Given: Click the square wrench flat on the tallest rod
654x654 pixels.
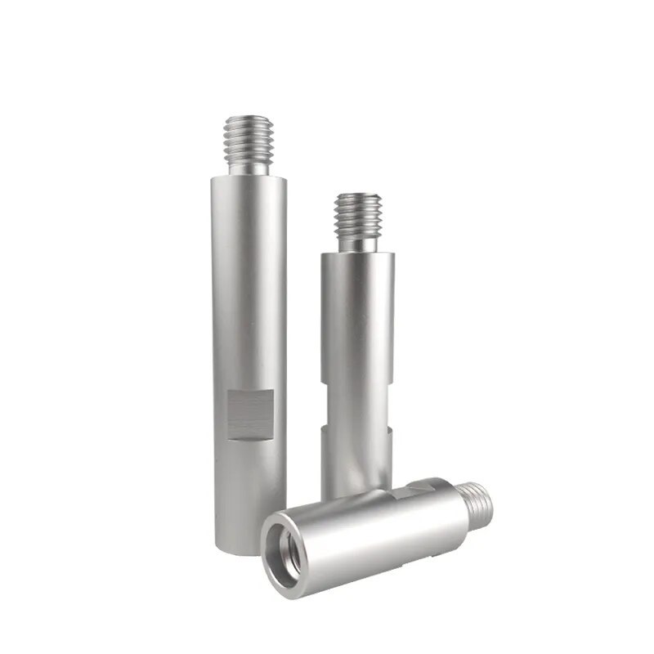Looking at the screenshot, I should click(x=250, y=414).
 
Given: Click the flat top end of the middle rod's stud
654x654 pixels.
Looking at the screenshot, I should click(x=357, y=196).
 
